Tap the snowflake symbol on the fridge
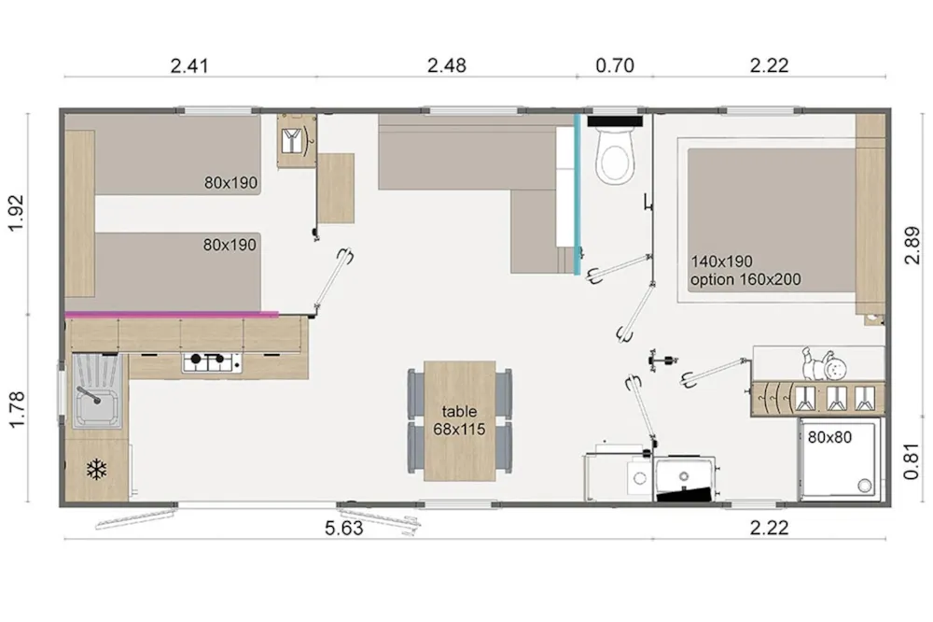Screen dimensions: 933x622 point(96,470)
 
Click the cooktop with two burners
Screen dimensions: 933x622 point(212,361)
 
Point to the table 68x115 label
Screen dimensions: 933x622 point(459,420)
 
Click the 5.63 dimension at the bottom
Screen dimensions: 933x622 point(344,529)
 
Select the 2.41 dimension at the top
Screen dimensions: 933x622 point(189,65)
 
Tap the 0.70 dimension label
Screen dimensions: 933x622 point(615,65)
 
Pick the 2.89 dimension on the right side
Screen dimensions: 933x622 point(912,245)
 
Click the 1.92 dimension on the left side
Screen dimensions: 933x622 point(16,213)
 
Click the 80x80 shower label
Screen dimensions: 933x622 point(829,437)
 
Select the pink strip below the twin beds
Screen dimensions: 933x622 point(172,314)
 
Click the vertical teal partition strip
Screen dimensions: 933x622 point(577,194)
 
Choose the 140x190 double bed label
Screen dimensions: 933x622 point(721,262)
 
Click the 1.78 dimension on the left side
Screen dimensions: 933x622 point(16,409)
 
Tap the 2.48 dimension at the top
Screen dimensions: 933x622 point(446,65)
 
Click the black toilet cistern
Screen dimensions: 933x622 point(615,121)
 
